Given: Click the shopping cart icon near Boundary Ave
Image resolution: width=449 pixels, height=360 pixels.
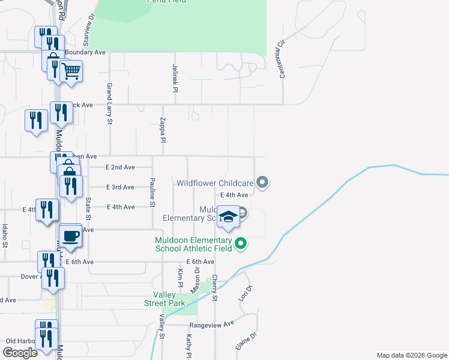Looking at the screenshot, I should click(x=71, y=71).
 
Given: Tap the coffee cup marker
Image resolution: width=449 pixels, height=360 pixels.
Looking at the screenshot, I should click(x=71, y=235).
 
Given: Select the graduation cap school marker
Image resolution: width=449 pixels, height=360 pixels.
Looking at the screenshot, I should click(x=229, y=216).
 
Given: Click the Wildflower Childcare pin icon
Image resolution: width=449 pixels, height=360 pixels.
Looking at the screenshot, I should click(x=262, y=181).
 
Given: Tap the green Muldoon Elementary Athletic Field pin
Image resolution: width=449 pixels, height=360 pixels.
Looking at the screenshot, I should click(x=241, y=243).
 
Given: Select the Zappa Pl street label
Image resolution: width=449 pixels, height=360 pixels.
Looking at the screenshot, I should click(x=162, y=130).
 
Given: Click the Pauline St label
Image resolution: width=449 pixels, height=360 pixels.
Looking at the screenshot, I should click(x=153, y=193).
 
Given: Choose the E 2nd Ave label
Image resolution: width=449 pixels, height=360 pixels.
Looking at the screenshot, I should click(x=120, y=167).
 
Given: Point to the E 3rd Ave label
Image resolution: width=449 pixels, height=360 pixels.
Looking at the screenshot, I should click(x=120, y=187).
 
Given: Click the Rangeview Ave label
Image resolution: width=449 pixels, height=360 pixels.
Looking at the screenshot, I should click(x=220, y=323).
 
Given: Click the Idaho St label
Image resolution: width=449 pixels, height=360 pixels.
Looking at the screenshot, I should click(x=5, y=235).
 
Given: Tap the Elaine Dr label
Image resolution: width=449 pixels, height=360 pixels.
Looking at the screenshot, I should click(x=246, y=341).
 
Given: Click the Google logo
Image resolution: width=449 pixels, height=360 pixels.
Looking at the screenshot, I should click(x=20, y=353).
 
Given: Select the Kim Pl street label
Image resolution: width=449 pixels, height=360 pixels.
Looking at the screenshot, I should click(x=180, y=277).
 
